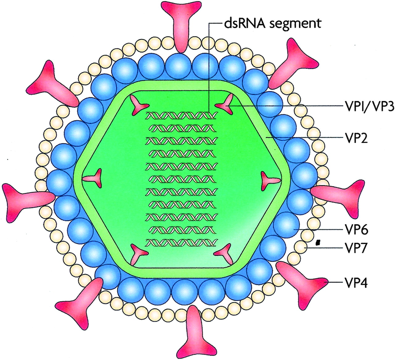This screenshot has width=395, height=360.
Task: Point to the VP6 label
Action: (355, 230)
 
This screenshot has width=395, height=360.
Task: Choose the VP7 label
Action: (355, 248)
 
